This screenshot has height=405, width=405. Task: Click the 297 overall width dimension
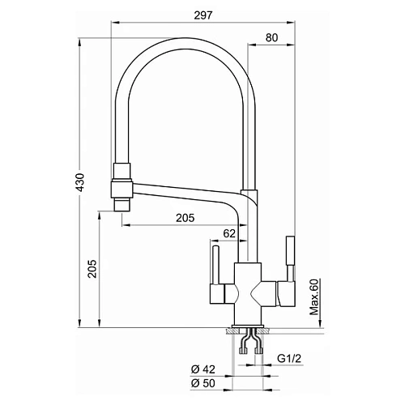pyautogui.click(x=203, y=15)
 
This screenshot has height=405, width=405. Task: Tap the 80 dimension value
pyautogui.click(x=271, y=38)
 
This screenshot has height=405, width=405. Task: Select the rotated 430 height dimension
pyautogui.click(x=80, y=182)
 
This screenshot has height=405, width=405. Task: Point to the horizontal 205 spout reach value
pyautogui.click(x=185, y=218)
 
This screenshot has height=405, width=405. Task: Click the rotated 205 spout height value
pyautogui.click(x=92, y=269)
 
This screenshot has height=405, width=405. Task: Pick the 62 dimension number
pyautogui.click(x=229, y=233)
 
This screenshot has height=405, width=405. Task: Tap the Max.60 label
pyautogui.click(x=314, y=297)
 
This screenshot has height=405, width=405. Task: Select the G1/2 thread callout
pyautogui.click(x=289, y=359)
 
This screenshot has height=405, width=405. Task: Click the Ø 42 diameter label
pyautogui.click(x=203, y=369)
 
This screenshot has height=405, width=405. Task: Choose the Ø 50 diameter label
pyautogui.click(x=203, y=383)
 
